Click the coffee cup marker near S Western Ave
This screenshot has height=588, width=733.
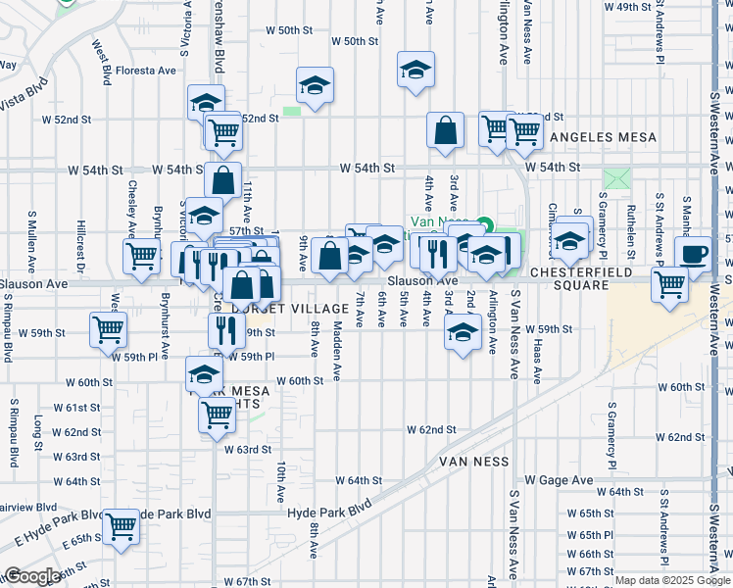pyautogui.click(x=694, y=254)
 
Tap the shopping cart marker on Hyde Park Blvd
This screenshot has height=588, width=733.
pyautogui.click(x=122, y=526)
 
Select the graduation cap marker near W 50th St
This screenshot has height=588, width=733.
pyautogui.click(x=415, y=70)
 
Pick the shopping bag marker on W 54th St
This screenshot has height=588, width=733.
pyautogui.click(x=223, y=180)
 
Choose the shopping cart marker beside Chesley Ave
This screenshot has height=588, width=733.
pyautogui.click(x=142, y=257)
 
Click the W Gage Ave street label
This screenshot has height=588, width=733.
pyautogui.click(x=559, y=480)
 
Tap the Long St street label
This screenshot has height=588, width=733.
pyautogui.click(x=39, y=427)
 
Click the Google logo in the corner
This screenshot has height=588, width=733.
pyautogui.click(x=31, y=576)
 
